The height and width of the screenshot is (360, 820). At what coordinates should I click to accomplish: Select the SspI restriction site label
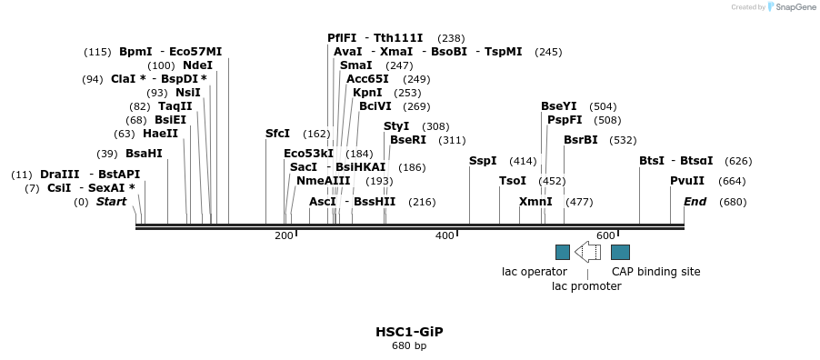(483, 161)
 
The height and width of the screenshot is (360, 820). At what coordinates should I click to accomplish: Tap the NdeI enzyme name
(197, 65)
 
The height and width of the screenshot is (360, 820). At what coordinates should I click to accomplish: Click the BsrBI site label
(581, 140)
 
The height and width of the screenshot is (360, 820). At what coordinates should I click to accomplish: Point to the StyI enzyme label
(396, 126)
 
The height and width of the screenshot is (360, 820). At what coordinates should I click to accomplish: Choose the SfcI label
(277, 134)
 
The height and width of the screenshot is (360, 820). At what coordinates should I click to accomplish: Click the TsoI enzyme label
(513, 181)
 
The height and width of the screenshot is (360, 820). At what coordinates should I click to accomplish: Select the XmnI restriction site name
(535, 202)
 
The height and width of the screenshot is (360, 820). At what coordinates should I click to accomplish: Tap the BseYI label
(558, 106)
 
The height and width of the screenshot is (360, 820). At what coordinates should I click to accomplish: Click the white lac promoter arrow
(587, 252)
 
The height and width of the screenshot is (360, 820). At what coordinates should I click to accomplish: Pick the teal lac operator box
(563, 252)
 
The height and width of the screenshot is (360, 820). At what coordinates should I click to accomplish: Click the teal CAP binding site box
(621, 252)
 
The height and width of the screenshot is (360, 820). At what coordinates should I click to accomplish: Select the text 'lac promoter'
(586, 286)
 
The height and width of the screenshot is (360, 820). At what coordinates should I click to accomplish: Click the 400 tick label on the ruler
(445, 236)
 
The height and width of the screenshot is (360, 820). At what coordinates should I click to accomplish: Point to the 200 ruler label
(284, 236)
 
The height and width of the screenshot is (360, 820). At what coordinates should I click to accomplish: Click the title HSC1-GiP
(409, 332)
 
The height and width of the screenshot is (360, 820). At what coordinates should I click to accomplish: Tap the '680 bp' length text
(409, 346)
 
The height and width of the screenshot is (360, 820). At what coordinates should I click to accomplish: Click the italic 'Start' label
(111, 202)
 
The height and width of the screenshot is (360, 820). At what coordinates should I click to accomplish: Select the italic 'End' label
(695, 202)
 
